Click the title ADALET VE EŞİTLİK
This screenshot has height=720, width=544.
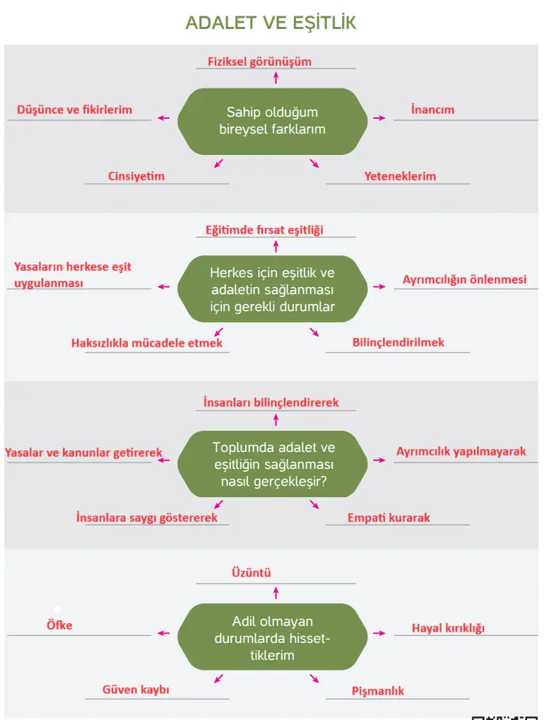(271, 23)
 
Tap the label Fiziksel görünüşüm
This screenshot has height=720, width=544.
(259, 62)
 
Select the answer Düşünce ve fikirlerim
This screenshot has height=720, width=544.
(75, 110)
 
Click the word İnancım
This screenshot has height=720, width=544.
(432, 110)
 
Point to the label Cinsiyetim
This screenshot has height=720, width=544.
(136, 176)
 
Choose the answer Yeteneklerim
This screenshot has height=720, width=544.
(400, 176)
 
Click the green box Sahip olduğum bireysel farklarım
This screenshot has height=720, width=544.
(272, 121)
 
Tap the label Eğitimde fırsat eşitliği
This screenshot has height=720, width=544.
(264, 230)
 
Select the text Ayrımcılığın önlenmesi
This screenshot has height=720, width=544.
(464, 279)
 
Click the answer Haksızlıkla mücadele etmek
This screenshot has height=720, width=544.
(147, 343)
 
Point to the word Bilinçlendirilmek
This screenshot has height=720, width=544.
(398, 342)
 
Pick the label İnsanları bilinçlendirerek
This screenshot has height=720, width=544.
(271, 402)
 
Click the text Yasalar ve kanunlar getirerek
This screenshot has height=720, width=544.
(83, 453)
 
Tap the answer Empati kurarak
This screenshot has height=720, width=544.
(389, 518)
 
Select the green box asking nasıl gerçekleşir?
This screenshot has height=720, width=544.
(272, 464)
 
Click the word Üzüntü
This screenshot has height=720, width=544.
(252, 573)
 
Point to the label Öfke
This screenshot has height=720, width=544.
(59, 625)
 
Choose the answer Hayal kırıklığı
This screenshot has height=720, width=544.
(448, 628)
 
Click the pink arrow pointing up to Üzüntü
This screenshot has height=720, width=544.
(276, 592)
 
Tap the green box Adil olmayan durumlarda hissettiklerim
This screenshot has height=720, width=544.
(272, 637)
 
